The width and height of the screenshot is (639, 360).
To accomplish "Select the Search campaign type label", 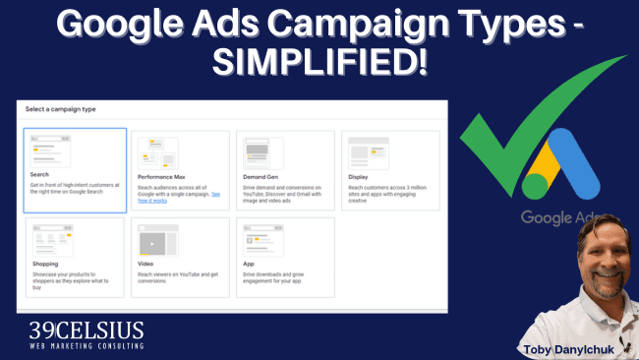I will [x=39, y=174].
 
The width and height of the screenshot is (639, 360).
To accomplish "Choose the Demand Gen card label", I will [x=260, y=175].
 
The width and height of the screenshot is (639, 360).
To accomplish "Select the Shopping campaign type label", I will [x=45, y=264].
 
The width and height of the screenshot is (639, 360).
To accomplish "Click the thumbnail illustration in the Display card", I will [x=366, y=152].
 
